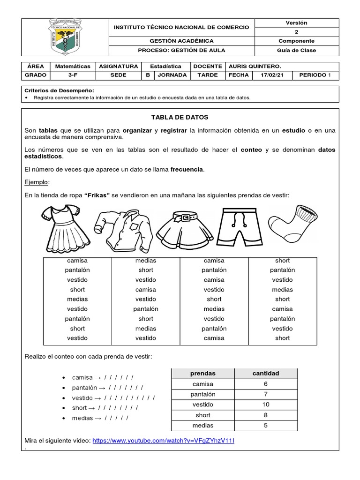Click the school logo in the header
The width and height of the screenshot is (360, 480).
(x=65, y=37)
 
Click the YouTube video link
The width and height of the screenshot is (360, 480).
(x=163, y=441)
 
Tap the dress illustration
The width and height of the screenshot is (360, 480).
(x=65, y=228)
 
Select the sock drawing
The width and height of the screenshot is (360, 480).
(x=291, y=220)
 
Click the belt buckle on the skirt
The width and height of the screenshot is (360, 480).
(x=186, y=217)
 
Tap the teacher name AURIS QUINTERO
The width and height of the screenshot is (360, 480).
(x=255, y=67)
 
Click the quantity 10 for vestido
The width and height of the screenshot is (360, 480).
(x=266, y=405)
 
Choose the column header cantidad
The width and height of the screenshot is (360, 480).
(x=266, y=374)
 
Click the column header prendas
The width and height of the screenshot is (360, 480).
(x=202, y=374)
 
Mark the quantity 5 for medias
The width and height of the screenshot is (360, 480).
(x=266, y=426)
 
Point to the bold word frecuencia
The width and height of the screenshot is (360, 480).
(x=187, y=169)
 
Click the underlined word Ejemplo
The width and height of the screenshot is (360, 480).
(x=36, y=182)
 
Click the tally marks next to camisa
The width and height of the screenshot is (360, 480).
(x=119, y=378)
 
